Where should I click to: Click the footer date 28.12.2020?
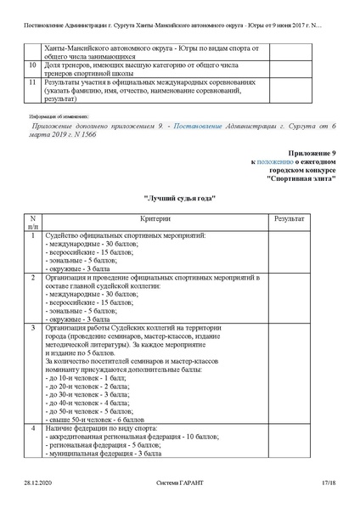coord(38,483)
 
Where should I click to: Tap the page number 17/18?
coord(329,483)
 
